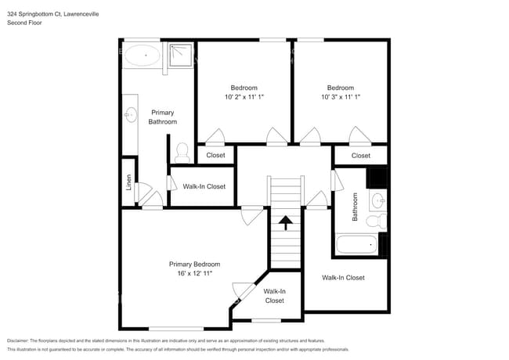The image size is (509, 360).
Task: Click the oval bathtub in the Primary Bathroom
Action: pos(143,56)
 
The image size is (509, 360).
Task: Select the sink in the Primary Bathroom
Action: pos(130,116)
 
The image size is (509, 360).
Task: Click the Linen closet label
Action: pos(128,182)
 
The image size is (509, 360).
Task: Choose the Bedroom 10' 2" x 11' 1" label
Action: pos(244,92)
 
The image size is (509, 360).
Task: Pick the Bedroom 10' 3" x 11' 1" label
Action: pos(341,92)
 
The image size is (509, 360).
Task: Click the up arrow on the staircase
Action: pos(286,224)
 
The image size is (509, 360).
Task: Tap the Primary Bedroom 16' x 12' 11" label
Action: pos(195,269)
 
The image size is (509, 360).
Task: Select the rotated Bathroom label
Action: pos(355,207)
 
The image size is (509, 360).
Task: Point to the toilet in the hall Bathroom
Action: pos(377,220)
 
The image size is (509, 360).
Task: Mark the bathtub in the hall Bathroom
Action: pos(357,244)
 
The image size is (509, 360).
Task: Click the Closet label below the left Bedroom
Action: pos(215,155)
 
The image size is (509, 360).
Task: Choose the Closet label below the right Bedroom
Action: pos(360,156)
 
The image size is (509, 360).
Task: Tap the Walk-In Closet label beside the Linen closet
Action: pos(204,186)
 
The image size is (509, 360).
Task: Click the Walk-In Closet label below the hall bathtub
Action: pos(343,278)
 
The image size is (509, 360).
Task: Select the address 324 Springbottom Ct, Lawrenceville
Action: pos(48,14)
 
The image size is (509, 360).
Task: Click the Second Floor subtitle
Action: pos(24,23)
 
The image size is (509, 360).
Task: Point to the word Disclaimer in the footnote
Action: pos(20,340)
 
